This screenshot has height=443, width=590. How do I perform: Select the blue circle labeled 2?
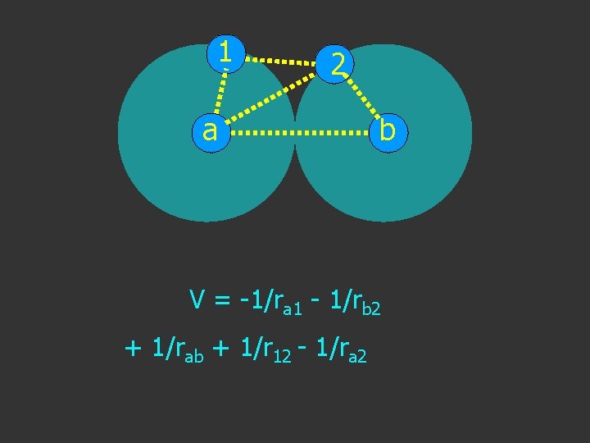(x=336, y=64)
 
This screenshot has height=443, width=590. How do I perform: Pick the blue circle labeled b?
(x=388, y=130)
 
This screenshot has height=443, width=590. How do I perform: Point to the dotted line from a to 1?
(x=218, y=92)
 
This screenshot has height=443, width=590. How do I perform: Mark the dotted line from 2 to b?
(x=361, y=96)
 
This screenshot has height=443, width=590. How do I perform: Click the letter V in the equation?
(x=197, y=300)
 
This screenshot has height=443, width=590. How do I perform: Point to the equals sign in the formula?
(x=223, y=302)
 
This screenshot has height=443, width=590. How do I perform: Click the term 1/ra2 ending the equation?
(x=339, y=349)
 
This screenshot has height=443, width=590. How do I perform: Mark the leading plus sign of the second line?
(x=134, y=349)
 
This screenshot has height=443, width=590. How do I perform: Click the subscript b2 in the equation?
(x=371, y=309)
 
